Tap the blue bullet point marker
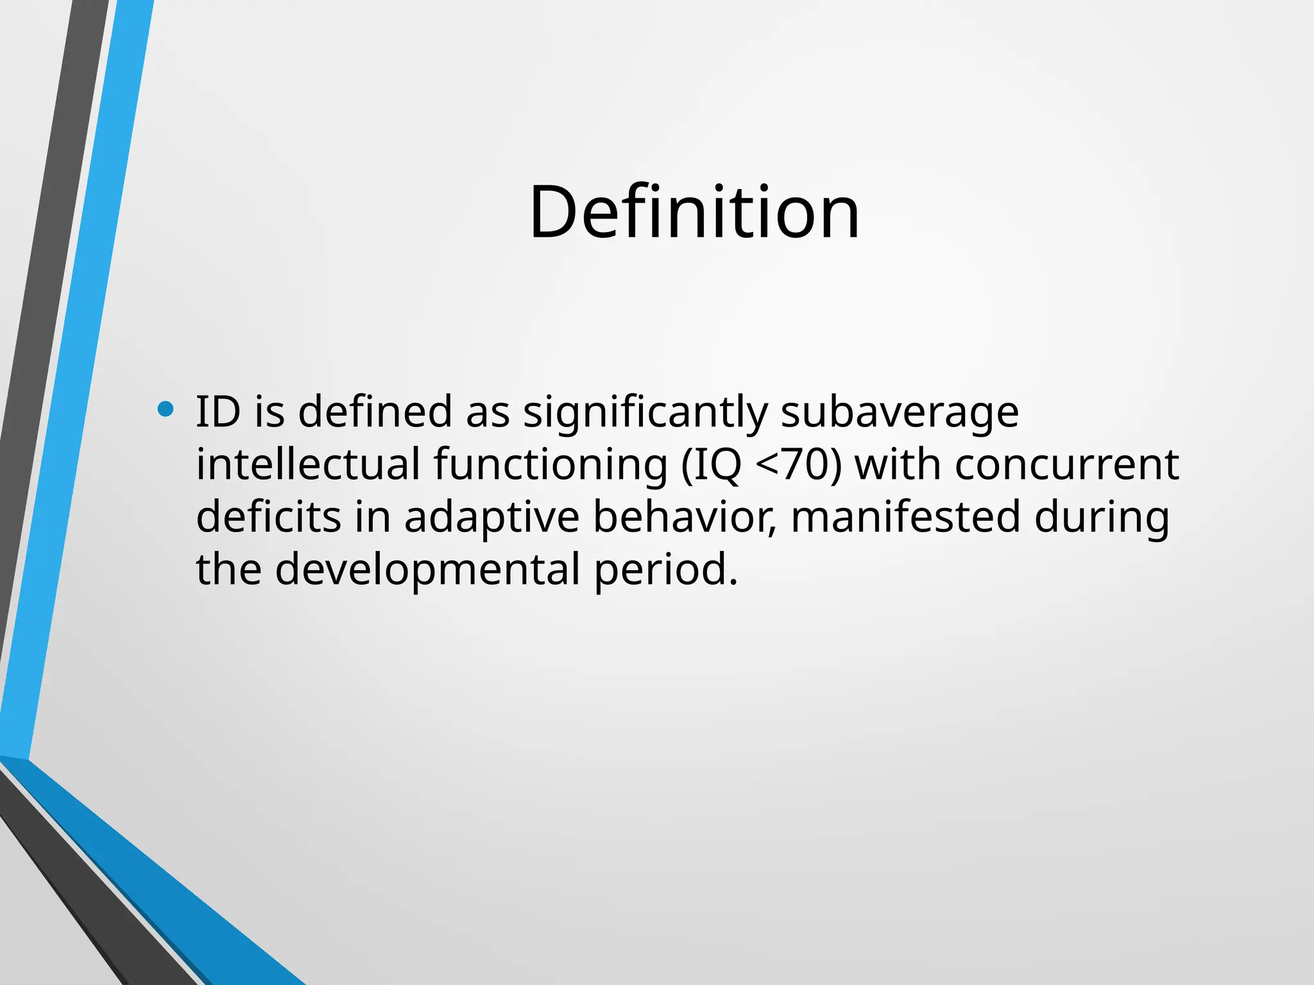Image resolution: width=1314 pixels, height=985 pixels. (166, 409)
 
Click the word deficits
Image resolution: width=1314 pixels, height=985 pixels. (269, 517)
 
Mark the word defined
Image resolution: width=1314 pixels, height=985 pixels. (375, 412)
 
